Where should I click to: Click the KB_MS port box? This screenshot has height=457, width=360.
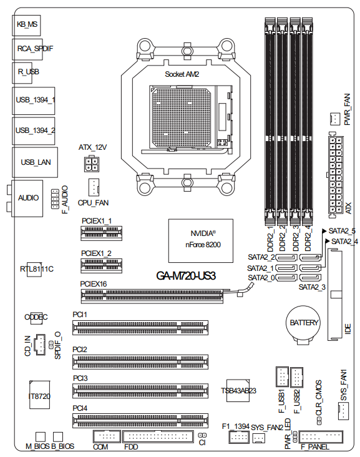(26, 26)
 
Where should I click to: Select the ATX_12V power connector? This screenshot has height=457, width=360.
(92, 164)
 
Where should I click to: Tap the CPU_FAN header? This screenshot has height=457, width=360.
(94, 187)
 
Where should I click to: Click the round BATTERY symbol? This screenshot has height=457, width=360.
(303, 325)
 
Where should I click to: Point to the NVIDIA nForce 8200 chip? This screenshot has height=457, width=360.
(201, 241)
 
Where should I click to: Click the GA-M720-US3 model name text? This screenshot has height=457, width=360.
(186, 276)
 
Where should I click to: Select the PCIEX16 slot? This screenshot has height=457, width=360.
(152, 296)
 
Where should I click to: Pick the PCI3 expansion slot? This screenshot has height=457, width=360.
(140, 391)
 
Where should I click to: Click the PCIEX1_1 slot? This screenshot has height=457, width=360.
(101, 233)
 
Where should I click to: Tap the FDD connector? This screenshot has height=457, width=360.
(158, 436)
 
